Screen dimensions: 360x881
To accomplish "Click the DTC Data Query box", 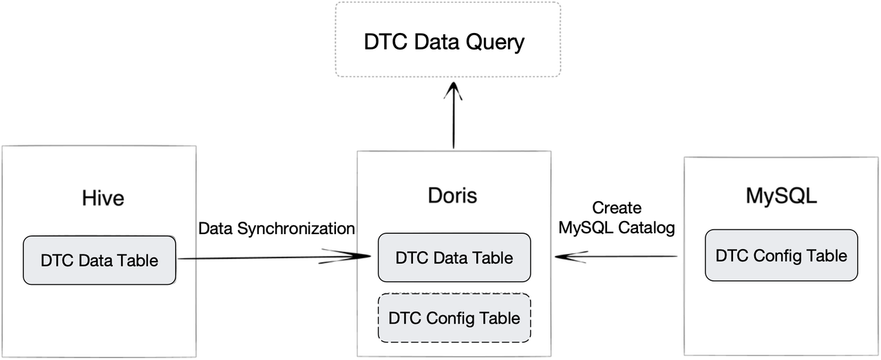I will [447, 39].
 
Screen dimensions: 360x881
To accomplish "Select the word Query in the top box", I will [494, 42].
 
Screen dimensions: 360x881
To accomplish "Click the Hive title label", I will [103, 198].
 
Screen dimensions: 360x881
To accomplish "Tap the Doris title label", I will [452, 195].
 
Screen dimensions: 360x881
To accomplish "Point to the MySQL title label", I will [781, 195].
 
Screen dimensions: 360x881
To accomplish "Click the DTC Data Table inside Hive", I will [99, 260].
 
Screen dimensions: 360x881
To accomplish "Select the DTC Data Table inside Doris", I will [454, 257].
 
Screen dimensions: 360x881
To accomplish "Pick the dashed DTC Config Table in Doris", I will [454, 318].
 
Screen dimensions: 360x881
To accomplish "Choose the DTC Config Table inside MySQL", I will [781, 255].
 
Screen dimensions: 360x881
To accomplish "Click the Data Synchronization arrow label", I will [277, 229].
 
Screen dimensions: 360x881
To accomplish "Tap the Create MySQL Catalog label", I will [617, 218].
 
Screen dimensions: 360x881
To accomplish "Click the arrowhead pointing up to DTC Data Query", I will [454, 89].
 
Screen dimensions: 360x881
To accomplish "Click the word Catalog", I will [646, 228].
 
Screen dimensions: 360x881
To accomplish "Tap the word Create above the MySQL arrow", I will [617, 208].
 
